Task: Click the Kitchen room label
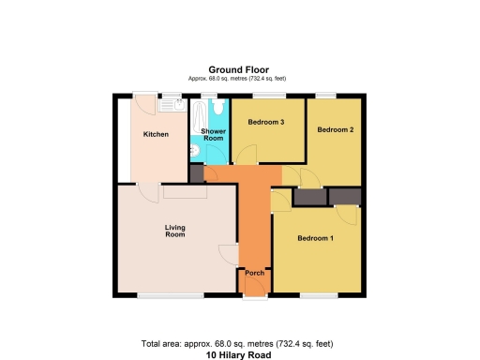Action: (156, 134)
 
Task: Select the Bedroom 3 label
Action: (265, 123)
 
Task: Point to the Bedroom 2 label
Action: (335, 129)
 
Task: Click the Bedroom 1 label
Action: (316, 238)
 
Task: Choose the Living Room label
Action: (174, 230)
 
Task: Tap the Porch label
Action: (254, 273)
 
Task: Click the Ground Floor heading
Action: (239, 69)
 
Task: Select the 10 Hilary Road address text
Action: (239, 354)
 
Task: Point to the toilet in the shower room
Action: (217, 108)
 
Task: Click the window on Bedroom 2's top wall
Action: (326, 96)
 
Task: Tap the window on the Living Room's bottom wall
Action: (170, 295)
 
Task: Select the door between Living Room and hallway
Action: (228, 254)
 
